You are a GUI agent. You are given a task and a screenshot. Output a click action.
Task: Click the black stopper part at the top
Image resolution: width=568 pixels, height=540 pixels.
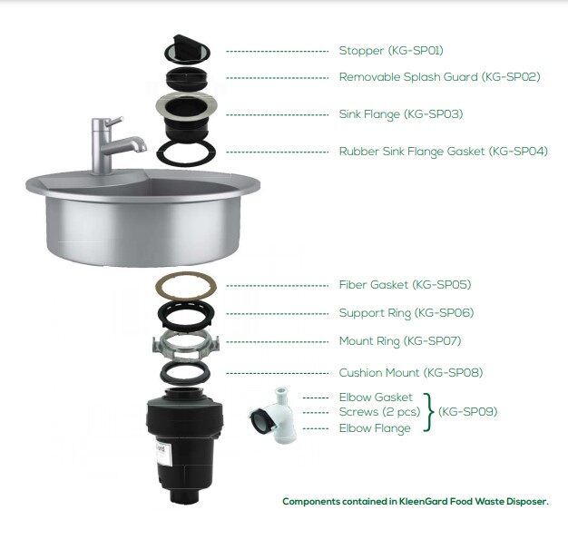[187, 48]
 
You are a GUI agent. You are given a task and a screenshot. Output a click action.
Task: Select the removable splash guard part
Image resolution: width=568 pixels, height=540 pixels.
[187, 78]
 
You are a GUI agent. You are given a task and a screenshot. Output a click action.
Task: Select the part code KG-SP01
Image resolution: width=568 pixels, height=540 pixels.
[416, 51]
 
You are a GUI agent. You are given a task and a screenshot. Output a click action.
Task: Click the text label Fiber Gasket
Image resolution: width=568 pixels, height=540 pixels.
[374, 284]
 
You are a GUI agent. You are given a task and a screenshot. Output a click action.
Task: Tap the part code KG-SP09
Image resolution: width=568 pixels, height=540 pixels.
[467, 412]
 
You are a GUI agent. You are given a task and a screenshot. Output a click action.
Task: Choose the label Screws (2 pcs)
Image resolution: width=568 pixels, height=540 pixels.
[379, 412]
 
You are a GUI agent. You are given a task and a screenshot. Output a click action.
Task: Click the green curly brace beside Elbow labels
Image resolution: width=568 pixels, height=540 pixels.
[429, 412]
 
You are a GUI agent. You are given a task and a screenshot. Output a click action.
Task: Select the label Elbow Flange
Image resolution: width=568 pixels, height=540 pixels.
[375, 428]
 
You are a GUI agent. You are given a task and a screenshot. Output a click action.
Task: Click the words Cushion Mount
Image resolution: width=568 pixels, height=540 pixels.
[379, 373]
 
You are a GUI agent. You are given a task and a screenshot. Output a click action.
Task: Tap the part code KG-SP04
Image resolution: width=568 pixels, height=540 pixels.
[518, 152]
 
